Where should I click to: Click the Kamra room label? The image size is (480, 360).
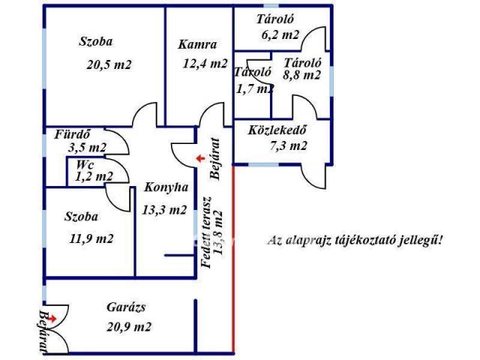click(x=197, y=45)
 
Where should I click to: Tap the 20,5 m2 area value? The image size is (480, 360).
click(x=109, y=65)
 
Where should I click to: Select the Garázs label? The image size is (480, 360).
click(x=126, y=307)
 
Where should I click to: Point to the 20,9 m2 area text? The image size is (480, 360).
click(x=129, y=327)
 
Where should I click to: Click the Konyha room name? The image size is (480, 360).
click(x=166, y=187)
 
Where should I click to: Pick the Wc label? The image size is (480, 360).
click(x=85, y=165)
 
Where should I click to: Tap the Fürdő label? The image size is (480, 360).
click(x=73, y=134)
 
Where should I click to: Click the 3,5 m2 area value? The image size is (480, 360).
click(x=87, y=148)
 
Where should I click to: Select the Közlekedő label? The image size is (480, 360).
click(x=277, y=130)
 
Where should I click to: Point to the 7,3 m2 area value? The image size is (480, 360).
click(x=288, y=145)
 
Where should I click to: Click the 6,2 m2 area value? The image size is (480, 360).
click(x=280, y=35)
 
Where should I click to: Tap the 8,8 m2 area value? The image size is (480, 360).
click(x=301, y=75)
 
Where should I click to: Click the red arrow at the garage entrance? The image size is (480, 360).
click(x=52, y=319)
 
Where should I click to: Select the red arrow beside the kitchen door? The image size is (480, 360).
click(x=200, y=158)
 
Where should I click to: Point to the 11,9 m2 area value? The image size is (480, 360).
click(x=91, y=238)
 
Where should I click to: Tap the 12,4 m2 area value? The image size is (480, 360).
click(x=205, y=64)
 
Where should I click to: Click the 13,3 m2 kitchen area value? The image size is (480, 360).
click(x=164, y=210)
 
